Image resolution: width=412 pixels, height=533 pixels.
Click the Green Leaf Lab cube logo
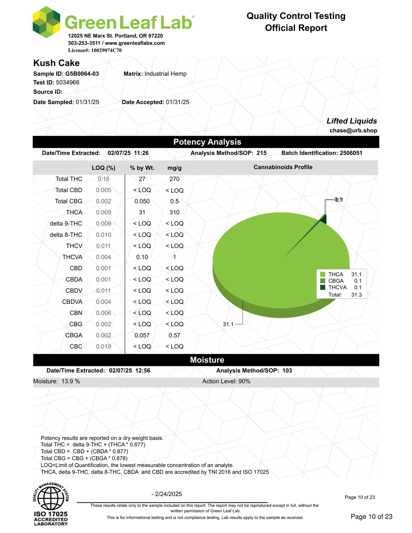(46, 22)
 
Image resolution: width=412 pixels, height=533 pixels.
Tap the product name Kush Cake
(56, 63)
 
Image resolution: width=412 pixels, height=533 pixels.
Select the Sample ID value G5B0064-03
(82, 74)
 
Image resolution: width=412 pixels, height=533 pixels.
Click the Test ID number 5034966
(68, 83)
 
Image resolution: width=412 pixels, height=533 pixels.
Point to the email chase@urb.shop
(353, 131)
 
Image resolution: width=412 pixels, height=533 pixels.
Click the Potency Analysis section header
(207, 142)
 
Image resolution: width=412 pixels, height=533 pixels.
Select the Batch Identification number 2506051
(351, 153)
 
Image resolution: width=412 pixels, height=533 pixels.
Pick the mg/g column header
(174, 168)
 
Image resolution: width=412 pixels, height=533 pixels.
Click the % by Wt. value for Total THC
(142, 179)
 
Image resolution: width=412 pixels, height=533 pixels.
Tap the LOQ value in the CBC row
(103, 347)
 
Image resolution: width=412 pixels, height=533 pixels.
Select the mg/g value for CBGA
(174, 335)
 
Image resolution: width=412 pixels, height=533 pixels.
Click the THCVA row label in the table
(72, 257)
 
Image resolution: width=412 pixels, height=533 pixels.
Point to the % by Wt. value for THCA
(142, 212)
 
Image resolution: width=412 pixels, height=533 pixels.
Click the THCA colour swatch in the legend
(323, 274)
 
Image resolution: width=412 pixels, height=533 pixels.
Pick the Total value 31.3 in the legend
(356, 295)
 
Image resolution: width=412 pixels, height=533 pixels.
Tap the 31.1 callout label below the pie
(228, 324)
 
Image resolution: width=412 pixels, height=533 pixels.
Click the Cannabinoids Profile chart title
(283, 167)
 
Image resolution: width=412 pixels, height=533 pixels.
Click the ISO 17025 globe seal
(51, 504)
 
